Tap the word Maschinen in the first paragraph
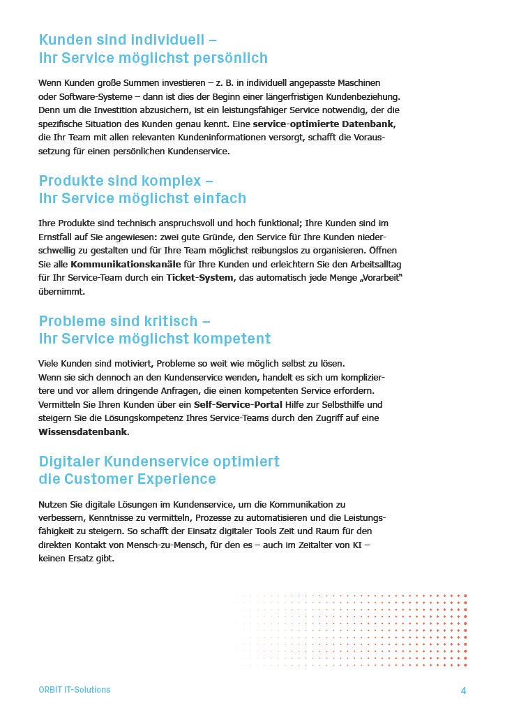tap(357, 82)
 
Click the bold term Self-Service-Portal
tap(238, 404)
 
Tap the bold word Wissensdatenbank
tap(83, 432)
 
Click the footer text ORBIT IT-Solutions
tap(74, 690)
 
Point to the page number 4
tap(463, 691)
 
